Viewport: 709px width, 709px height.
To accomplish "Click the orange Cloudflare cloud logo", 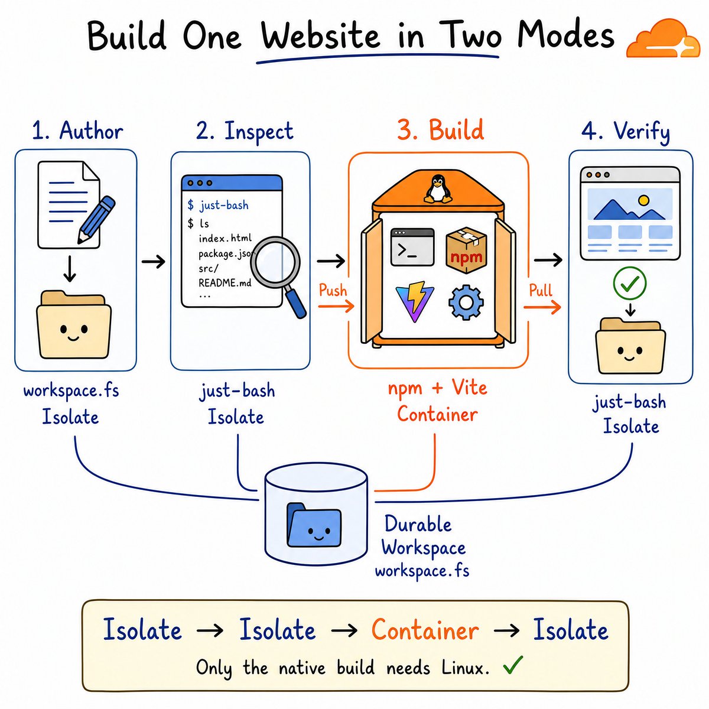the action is [x=663, y=38].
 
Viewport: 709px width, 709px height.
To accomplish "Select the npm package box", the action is [x=466, y=250].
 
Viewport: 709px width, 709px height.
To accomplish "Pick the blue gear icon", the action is [x=466, y=302].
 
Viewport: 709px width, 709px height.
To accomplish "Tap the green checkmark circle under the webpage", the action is [x=629, y=283].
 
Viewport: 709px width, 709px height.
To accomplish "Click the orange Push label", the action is [x=333, y=290].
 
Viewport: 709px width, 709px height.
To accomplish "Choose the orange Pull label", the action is [x=541, y=290].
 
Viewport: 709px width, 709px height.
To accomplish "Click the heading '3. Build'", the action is [x=440, y=130].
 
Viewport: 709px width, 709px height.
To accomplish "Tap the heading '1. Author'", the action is [x=77, y=131].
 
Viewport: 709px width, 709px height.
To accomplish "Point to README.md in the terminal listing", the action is [x=225, y=282].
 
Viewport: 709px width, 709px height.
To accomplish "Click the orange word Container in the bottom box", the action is [x=425, y=630].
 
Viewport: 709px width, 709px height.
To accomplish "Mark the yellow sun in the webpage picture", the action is [x=643, y=200].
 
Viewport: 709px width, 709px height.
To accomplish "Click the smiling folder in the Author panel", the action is [x=74, y=324].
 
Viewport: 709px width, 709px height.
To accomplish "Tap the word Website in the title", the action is [x=321, y=36].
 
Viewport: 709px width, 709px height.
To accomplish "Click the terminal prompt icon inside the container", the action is [x=412, y=247].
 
